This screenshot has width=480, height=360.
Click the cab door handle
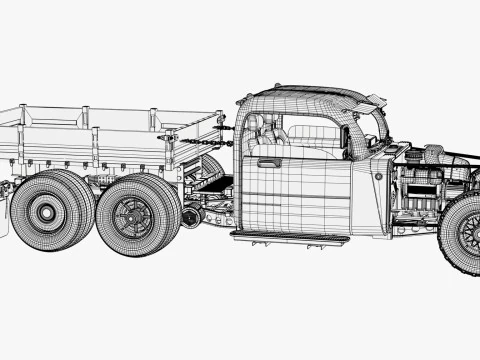(x=268, y=162)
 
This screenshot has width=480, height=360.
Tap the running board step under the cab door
(x=289, y=237)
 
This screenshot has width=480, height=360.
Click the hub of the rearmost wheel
(x=45, y=211)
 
